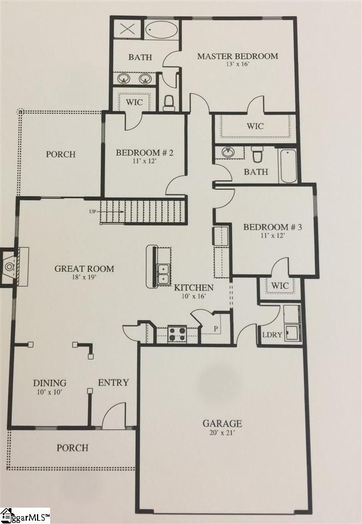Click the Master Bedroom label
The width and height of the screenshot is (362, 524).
237,56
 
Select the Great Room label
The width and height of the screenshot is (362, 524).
85,269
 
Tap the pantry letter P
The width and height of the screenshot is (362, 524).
215,330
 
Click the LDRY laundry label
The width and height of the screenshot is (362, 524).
271,335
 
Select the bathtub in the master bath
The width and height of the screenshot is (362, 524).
161,30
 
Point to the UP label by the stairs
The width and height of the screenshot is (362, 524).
93,211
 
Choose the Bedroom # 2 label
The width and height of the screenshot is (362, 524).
144,153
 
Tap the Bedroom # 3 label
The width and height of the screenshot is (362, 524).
272,227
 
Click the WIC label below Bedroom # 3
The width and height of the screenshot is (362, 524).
280,285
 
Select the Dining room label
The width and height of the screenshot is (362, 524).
50,383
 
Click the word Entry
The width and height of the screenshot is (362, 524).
113,383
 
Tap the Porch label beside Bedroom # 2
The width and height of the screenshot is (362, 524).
61,154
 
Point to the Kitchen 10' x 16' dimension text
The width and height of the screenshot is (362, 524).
194,297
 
